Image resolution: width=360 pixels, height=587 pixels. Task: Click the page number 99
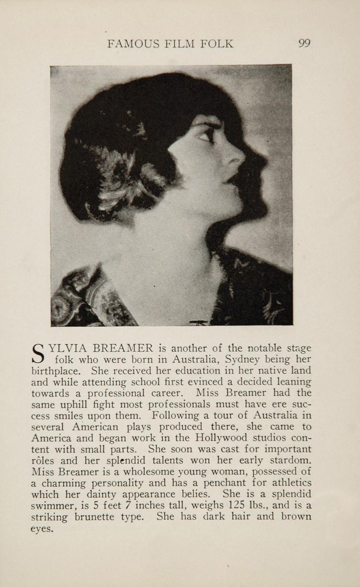tap(304, 44)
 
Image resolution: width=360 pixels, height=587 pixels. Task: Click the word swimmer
tap(52, 505)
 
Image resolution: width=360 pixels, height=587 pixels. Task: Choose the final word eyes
tap(42, 528)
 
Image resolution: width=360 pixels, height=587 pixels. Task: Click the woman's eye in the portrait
tap(209, 135)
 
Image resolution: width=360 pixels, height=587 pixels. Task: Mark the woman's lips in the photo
tap(235, 180)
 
